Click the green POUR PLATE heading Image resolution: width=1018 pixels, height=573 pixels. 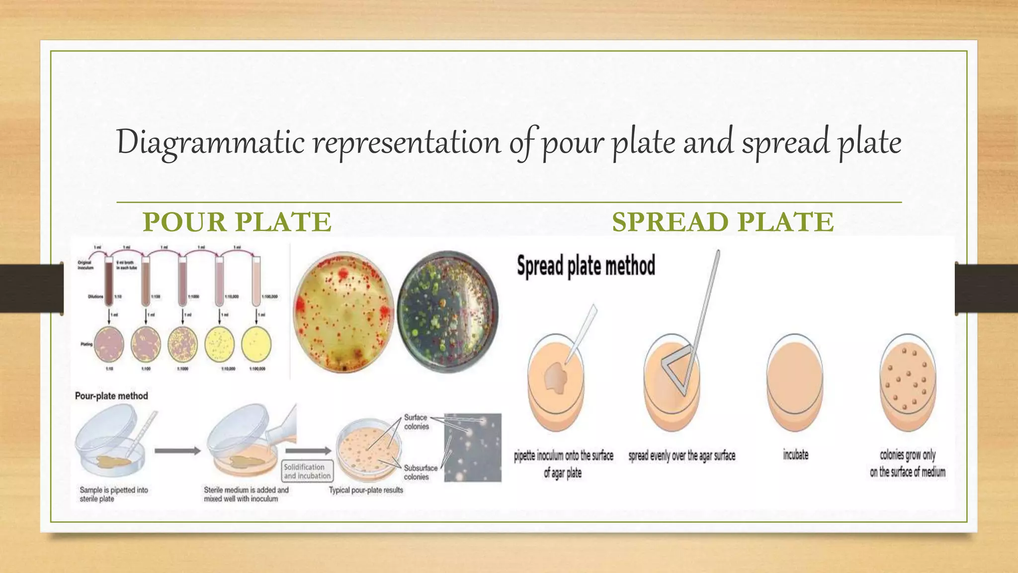click(x=237, y=222)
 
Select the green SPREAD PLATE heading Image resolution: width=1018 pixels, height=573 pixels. click(x=722, y=222)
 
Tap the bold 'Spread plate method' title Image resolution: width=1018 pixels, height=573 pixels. click(x=586, y=266)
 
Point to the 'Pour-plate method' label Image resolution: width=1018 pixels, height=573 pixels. click(x=111, y=396)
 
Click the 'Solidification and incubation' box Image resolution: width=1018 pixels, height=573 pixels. click(x=308, y=472)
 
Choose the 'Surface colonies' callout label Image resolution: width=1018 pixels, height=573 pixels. click(x=416, y=422)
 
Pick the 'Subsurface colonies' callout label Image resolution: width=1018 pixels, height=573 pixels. click(x=421, y=472)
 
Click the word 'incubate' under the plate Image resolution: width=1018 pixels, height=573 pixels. click(x=795, y=455)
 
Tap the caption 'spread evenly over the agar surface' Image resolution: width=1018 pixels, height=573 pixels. click(x=681, y=456)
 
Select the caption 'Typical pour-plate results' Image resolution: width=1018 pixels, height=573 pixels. click(x=366, y=490)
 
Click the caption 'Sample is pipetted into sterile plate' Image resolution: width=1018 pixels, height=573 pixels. click(x=114, y=494)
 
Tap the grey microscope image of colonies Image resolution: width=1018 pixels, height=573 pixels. click(x=472, y=447)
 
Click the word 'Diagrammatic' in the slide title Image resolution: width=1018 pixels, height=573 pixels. click(x=210, y=142)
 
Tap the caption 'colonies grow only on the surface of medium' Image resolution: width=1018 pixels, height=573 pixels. click(x=907, y=463)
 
